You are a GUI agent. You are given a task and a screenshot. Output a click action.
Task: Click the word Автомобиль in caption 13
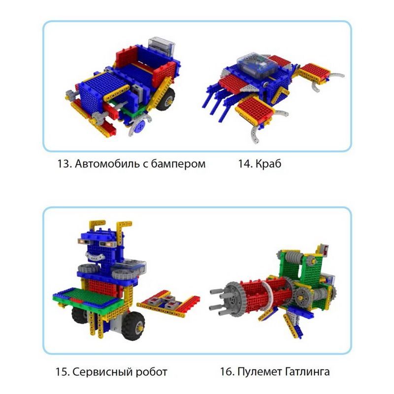[101, 164]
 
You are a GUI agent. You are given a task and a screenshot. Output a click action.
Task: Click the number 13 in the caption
[64, 164]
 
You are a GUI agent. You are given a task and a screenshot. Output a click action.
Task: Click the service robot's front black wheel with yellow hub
[133, 323]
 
